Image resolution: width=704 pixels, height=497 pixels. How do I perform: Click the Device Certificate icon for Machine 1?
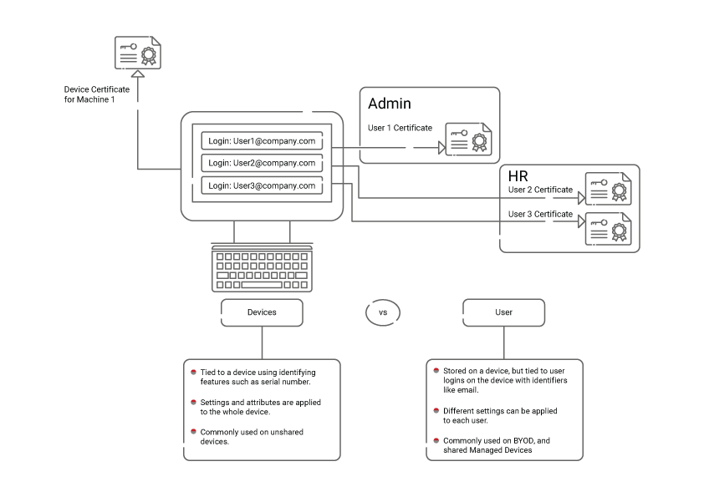click(x=138, y=53)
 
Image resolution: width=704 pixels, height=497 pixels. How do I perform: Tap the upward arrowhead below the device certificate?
click(x=138, y=74)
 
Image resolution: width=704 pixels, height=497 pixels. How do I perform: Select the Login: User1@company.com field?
click(x=262, y=140)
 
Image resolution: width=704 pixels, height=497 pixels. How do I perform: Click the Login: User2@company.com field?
click(x=262, y=163)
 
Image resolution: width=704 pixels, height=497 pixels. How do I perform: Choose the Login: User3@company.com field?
click(x=262, y=185)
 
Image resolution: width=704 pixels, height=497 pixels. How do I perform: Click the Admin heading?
click(x=390, y=104)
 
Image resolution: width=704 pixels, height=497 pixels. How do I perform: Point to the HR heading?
click(x=518, y=176)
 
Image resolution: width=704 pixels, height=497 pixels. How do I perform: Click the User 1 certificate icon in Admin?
click(x=468, y=139)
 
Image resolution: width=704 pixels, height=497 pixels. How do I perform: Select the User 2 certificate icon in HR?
click(x=608, y=190)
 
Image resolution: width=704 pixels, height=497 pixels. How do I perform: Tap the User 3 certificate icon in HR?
click(x=608, y=229)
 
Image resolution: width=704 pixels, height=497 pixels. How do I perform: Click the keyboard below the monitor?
click(x=263, y=267)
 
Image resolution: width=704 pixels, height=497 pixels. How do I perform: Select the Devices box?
click(x=262, y=312)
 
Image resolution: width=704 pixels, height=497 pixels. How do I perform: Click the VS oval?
click(x=383, y=312)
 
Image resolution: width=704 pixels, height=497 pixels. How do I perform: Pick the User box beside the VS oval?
click(x=503, y=312)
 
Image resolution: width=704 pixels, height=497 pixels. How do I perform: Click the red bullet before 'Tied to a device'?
click(x=193, y=373)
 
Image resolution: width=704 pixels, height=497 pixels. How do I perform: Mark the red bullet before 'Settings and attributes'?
click(x=193, y=402)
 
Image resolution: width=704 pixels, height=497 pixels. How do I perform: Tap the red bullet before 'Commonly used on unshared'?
click(x=193, y=432)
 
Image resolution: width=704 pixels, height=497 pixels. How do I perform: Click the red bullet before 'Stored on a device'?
click(x=436, y=368)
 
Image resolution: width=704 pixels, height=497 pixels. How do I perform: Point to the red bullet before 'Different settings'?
click(x=436, y=411)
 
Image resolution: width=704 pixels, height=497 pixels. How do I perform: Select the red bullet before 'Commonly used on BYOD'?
click(x=436, y=440)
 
